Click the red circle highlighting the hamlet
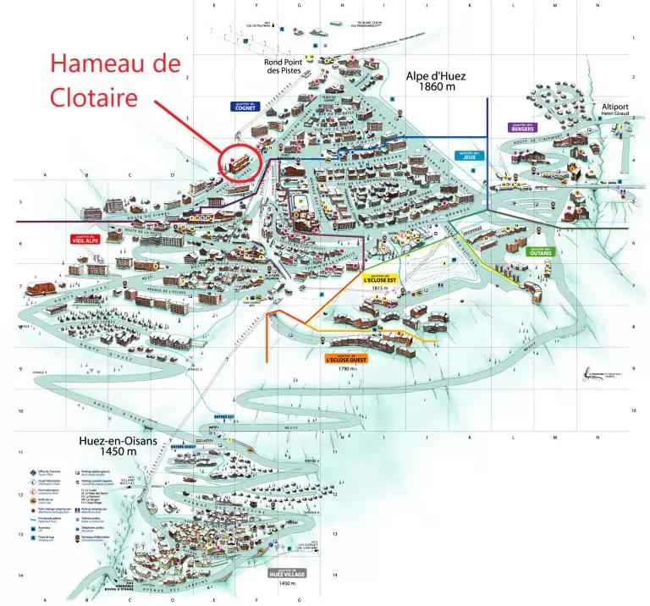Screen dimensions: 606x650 [241, 160]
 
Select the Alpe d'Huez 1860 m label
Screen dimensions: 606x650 [436, 81]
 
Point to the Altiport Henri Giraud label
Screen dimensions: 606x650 [617, 110]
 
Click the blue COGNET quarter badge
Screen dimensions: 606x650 [245, 107]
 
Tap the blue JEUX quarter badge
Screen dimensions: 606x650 [468, 156]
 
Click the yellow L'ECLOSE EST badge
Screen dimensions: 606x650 [380, 278]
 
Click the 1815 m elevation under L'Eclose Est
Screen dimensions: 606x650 [379, 288]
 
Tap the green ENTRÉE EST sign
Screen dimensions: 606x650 [223, 416]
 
